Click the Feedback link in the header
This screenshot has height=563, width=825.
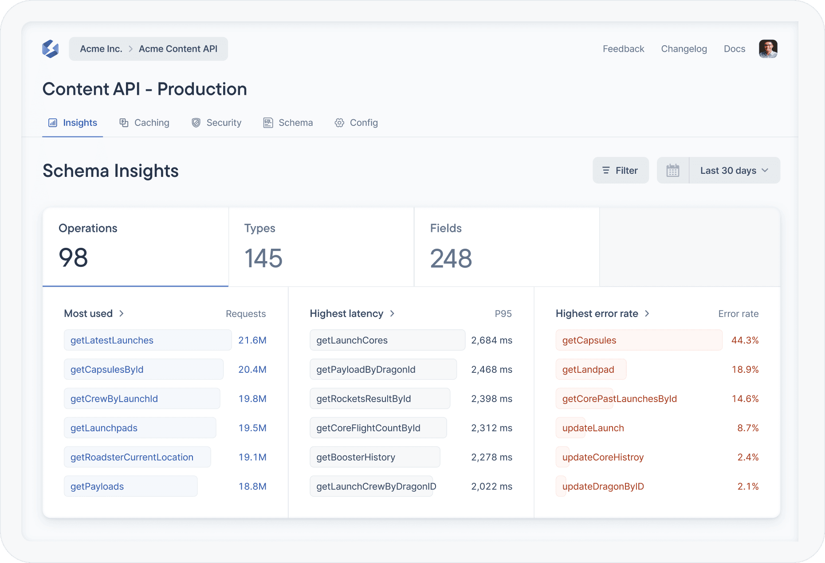[x=623, y=49]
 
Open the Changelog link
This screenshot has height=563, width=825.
[x=684, y=49]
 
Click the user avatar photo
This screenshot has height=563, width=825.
[x=768, y=49]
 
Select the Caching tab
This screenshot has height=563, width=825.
[x=145, y=123]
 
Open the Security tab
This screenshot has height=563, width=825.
[x=216, y=123]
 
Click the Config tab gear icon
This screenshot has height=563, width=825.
[x=339, y=123]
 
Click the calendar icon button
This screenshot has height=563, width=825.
[x=672, y=170]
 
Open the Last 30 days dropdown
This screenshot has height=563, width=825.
[x=734, y=170]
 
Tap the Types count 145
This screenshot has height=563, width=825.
[x=263, y=258]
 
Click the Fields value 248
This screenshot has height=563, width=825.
[x=451, y=258]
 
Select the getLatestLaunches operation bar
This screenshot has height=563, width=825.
[x=147, y=340]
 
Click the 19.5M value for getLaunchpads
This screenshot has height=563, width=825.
[x=252, y=428]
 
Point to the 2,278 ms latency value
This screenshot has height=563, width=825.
[x=491, y=457]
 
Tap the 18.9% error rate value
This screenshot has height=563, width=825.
[x=745, y=369]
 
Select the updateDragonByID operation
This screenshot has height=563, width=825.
[x=603, y=486]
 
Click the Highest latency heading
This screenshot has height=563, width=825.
[x=346, y=313]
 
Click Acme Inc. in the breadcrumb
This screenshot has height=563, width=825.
[x=101, y=49]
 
